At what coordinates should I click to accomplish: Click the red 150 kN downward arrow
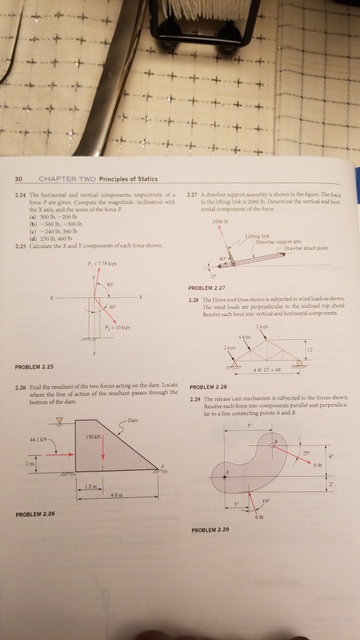click(x=103, y=448)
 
